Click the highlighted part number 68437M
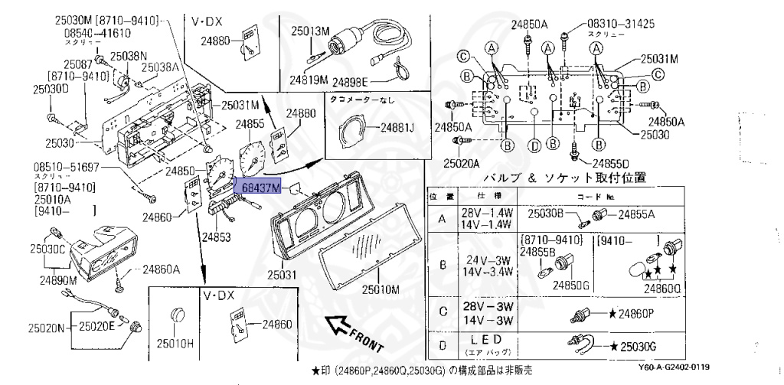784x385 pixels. click(x=261, y=187)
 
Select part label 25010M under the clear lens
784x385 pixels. click(x=381, y=290)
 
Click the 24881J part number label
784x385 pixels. click(x=395, y=128)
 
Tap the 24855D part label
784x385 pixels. click(x=609, y=163)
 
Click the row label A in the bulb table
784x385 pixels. click(x=441, y=219)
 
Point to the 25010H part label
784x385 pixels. click(x=176, y=344)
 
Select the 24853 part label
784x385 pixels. click(x=217, y=238)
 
